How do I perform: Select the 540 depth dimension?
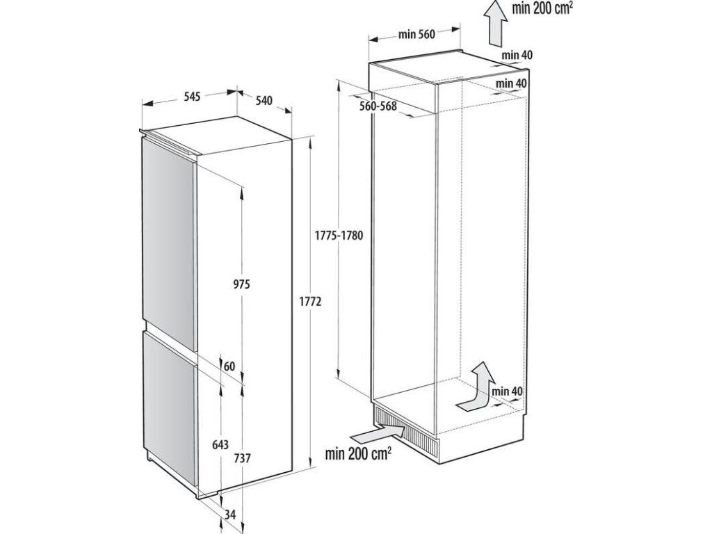263,101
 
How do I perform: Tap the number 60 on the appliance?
229,366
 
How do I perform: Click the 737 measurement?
242,458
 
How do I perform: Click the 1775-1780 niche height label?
337,236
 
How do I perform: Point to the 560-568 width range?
378,106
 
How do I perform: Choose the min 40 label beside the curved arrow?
506,391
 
